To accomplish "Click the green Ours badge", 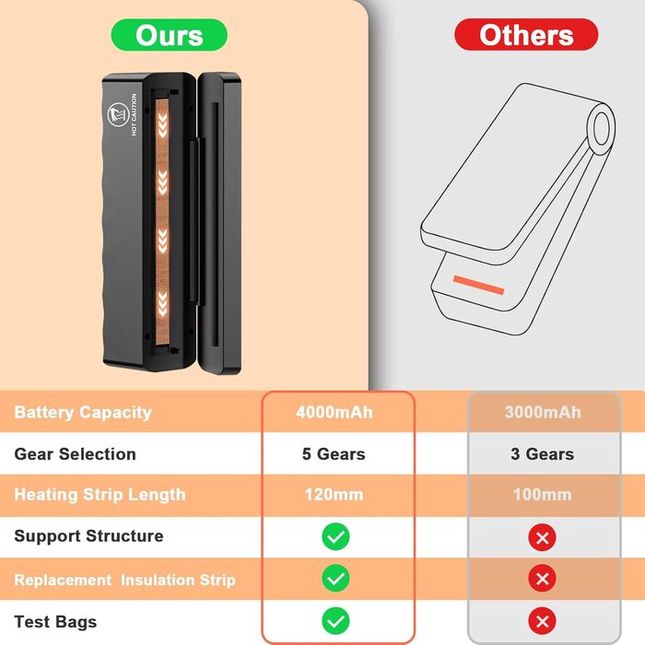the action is [x=169, y=35].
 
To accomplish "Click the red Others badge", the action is [x=526, y=35].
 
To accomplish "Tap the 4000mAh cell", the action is [x=334, y=412].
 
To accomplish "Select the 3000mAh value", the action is [x=543, y=412].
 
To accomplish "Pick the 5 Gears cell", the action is [x=334, y=454].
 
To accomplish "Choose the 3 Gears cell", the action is [x=543, y=454].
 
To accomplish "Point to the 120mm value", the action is [x=334, y=495].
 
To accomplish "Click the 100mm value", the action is [x=543, y=495].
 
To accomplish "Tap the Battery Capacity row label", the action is [x=83, y=413].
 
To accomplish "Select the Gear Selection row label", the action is [x=76, y=454].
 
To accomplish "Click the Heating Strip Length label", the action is [x=100, y=495].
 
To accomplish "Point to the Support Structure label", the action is [x=88, y=536].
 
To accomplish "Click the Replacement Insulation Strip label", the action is [x=125, y=580].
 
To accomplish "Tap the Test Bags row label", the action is [x=55, y=622].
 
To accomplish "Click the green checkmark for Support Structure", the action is [x=335, y=536].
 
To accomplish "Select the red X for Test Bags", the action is [x=542, y=621].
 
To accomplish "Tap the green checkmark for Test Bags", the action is [x=335, y=621].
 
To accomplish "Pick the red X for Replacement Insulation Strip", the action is [x=542, y=579].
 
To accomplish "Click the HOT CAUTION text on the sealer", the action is [x=134, y=114].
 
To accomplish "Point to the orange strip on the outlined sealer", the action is [x=478, y=285].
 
